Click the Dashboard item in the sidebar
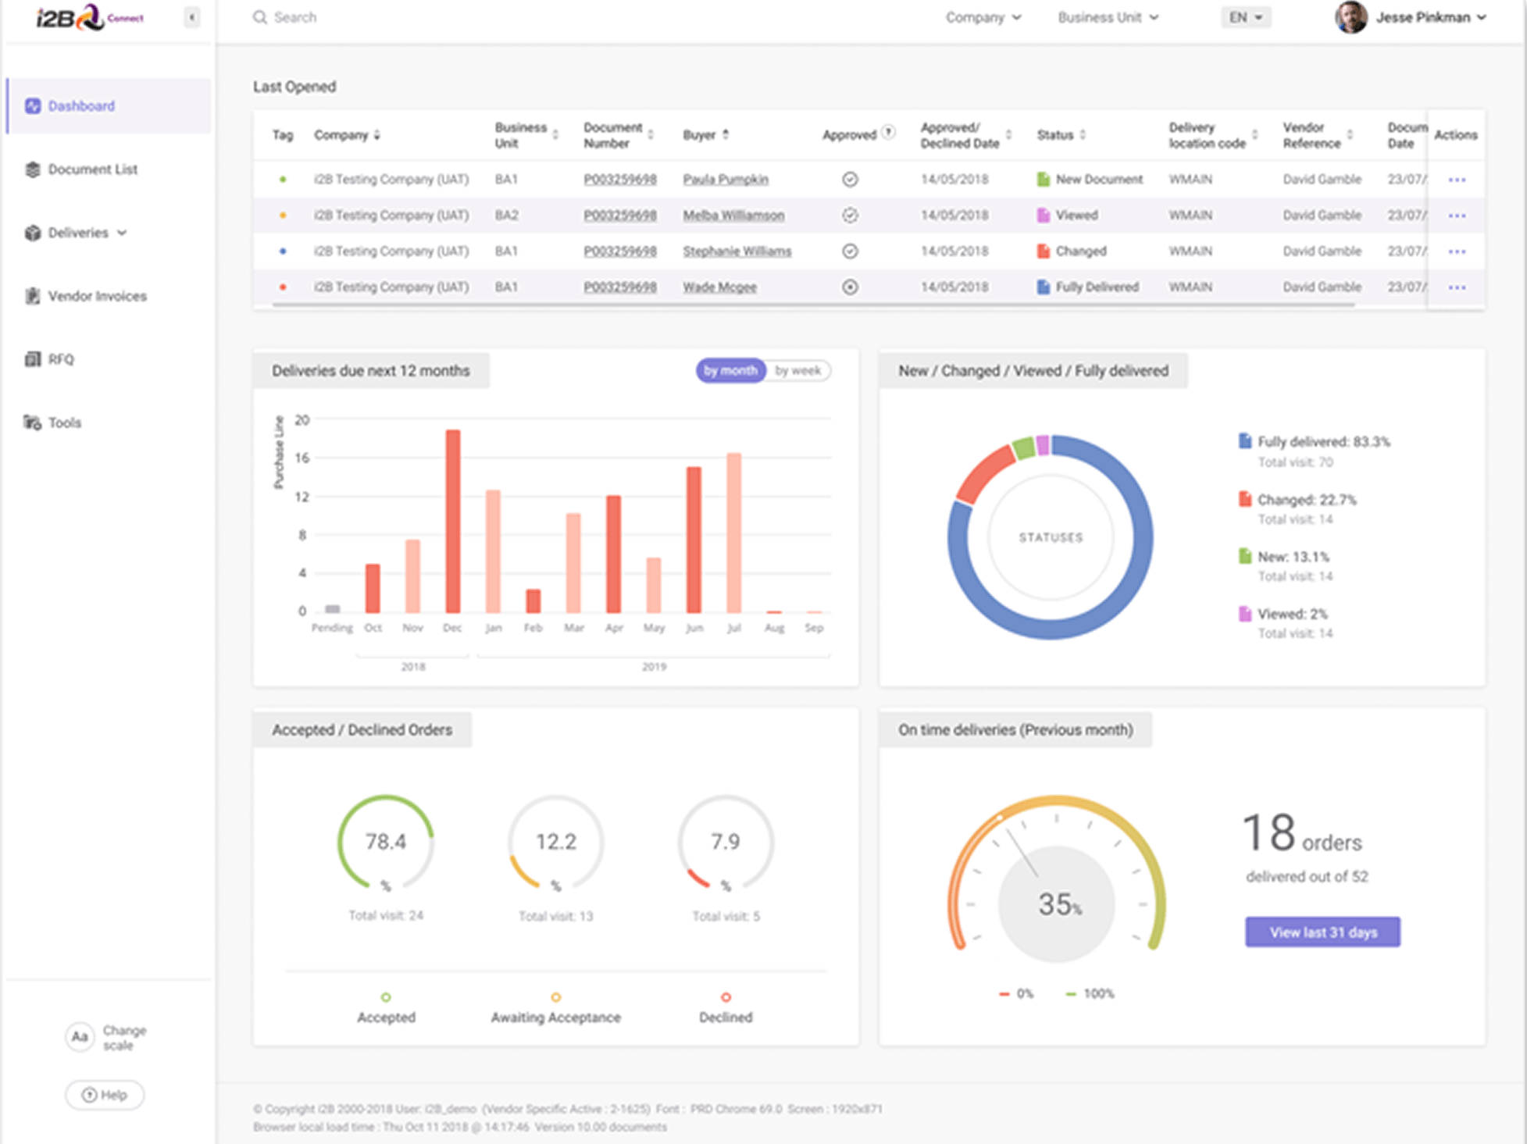point(80,106)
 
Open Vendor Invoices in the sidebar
point(96,296)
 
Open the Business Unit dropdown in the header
point(1108,17)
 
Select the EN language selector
point(1245,17)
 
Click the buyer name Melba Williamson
point(733,216)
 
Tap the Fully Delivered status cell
point(1096,287)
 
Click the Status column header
point(1055,135)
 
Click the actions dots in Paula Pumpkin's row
point(1456,180)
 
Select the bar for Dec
point(453,521)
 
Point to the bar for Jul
point(734,533)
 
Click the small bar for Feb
point(533,601)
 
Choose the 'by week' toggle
point(797,371)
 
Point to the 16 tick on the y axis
point(302,458)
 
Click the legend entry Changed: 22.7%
point(1306,500)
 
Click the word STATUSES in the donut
point(1051,537)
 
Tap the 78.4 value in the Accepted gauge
point(386,841)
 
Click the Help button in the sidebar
point(105,1095)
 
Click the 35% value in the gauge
point(1058,904)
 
